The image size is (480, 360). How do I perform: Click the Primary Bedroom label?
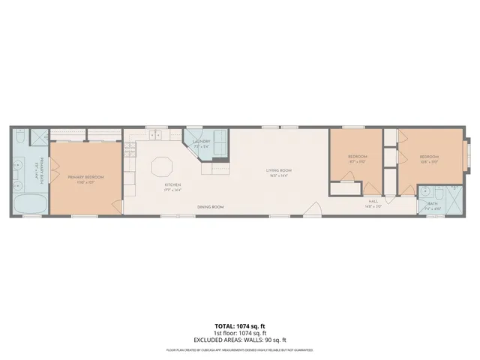pos(85,177)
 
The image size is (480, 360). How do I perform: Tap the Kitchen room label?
pos(173,184)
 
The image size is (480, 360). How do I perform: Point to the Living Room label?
pos(279,171)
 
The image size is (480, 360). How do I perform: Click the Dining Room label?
pos(210,206)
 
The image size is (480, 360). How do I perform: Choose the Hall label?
pos(373,201)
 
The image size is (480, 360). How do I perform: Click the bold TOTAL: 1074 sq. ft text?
pos(239,325)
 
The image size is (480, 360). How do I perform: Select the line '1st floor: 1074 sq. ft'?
pos(239,332)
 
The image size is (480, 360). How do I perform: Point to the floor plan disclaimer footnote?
pos(239,350)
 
